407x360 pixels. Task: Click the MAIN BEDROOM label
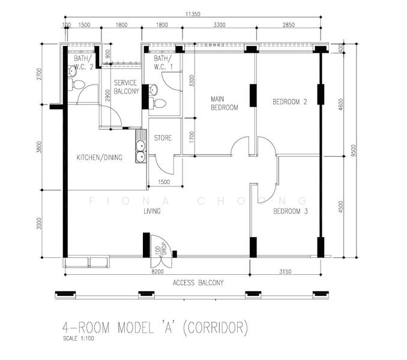[225, 103]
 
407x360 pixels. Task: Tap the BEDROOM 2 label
[290, 101]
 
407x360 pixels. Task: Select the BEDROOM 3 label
[291, 211]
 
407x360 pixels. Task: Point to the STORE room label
[163, 138]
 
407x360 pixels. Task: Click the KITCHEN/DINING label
[100, 157]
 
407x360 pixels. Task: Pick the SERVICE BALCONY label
[127, 87]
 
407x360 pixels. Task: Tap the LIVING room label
[152, 211]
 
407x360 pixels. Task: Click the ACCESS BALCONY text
[198, 283]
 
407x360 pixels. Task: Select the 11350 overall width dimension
[193, 14]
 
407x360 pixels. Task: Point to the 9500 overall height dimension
[353, 151]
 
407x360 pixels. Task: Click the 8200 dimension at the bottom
[157, 271]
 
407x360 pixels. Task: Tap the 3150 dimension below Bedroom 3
[285, 271]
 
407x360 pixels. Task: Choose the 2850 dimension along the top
[289, 25]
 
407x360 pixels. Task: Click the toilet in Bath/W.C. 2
[76, 85]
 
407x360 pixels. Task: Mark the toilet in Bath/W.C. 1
[157, 104]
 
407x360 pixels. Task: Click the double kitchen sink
[140, 146]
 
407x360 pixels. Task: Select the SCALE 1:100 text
[79, 338]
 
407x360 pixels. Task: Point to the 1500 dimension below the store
[164, 182]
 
